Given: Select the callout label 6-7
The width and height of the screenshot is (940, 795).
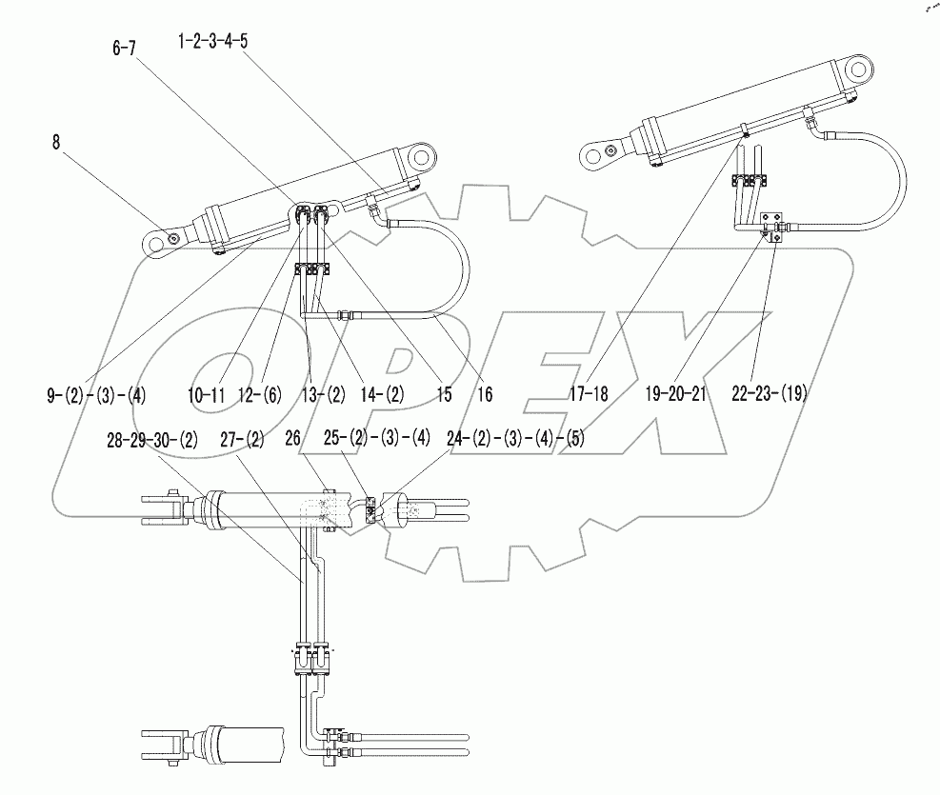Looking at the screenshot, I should coord(125,50).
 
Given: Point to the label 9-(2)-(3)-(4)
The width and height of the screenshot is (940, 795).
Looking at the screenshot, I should coord(96,394).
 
